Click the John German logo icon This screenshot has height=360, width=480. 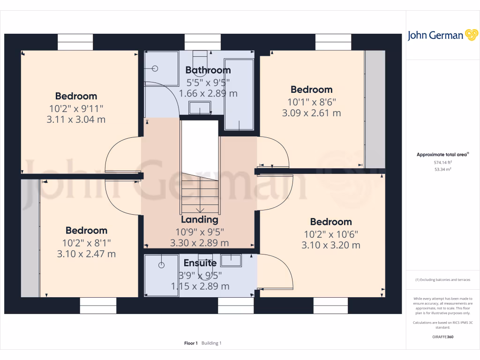[x=471, y=35]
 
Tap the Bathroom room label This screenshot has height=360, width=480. [x=208, y=70]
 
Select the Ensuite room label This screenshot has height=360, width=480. [x=200, y=263]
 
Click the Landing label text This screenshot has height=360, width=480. [x=200, y=219]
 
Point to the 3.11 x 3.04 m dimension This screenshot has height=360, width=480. [x=76, y=120]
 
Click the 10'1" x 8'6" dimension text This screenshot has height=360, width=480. [x=311, y=101]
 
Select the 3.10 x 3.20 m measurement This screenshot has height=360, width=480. [x=331, y=245]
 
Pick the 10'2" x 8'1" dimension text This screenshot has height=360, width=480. [x=86, y=242]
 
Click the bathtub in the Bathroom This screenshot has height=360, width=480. [x=239, y=94]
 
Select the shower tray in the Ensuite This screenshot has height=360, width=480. [x=161, y=276]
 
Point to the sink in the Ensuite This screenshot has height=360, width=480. [x=231, y=261]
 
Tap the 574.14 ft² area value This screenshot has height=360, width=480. [x=443, y=162]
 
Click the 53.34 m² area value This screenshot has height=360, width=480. [x=443, y=169]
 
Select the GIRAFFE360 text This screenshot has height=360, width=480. [x=442, y=337]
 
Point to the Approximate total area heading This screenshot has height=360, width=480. [x=442, y=155]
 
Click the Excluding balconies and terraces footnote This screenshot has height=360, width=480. [x=442, y=280]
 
